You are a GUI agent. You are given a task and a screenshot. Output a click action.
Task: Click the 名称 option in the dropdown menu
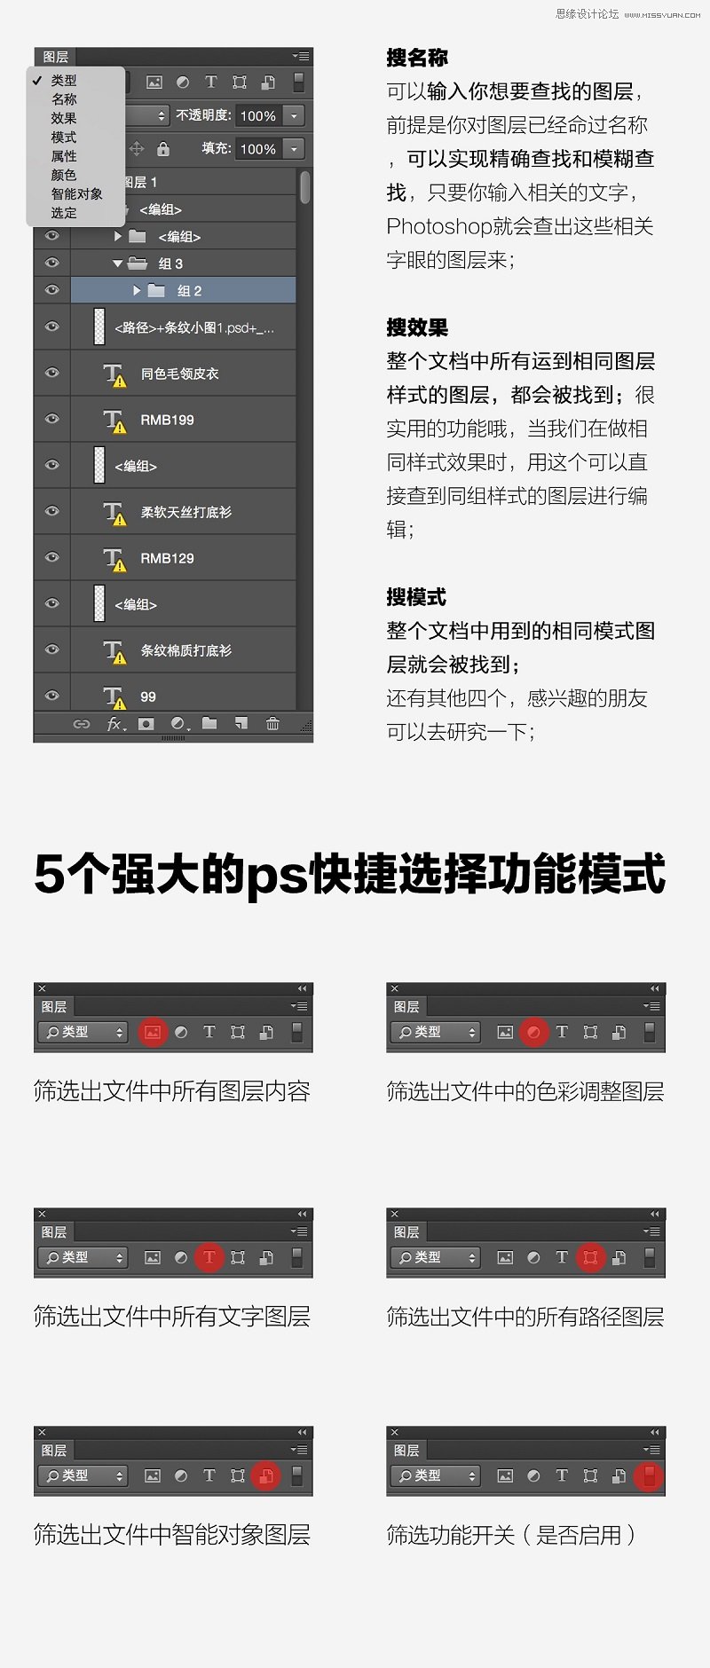pos(64,99)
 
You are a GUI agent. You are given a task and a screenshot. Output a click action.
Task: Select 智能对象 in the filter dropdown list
pos(76,194)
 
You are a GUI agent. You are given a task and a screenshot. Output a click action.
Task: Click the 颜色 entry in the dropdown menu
pos(64,175)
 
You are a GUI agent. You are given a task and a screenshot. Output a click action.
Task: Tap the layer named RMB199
pos(167,420)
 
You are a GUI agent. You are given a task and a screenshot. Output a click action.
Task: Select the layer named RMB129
pos(167,558)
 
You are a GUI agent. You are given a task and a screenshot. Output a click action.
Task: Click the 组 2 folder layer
pos(189,291)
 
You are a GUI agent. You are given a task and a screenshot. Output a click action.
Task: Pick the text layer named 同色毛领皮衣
pos(179,374)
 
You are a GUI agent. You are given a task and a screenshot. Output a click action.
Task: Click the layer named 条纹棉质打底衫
pos(185,650)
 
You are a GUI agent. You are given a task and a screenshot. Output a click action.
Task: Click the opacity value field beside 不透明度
pos(258,116)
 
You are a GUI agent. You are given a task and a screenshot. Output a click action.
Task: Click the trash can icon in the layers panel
pos(272,724)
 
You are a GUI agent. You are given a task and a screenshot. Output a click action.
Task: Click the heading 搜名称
pos(417,59)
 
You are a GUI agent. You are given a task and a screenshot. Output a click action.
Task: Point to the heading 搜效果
pos(417,328)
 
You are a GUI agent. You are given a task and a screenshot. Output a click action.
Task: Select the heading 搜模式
pos(416,597)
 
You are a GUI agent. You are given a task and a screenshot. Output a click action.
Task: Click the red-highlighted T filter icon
pos(209,1257)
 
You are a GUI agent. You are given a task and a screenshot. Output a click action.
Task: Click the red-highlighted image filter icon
pos(153,1032)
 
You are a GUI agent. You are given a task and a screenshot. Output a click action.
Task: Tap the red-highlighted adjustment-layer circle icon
pos(533,1032)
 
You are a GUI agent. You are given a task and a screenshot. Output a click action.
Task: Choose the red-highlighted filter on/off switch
pos(650,1475)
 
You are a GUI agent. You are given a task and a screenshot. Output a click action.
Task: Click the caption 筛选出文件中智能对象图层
pos(171,1535)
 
